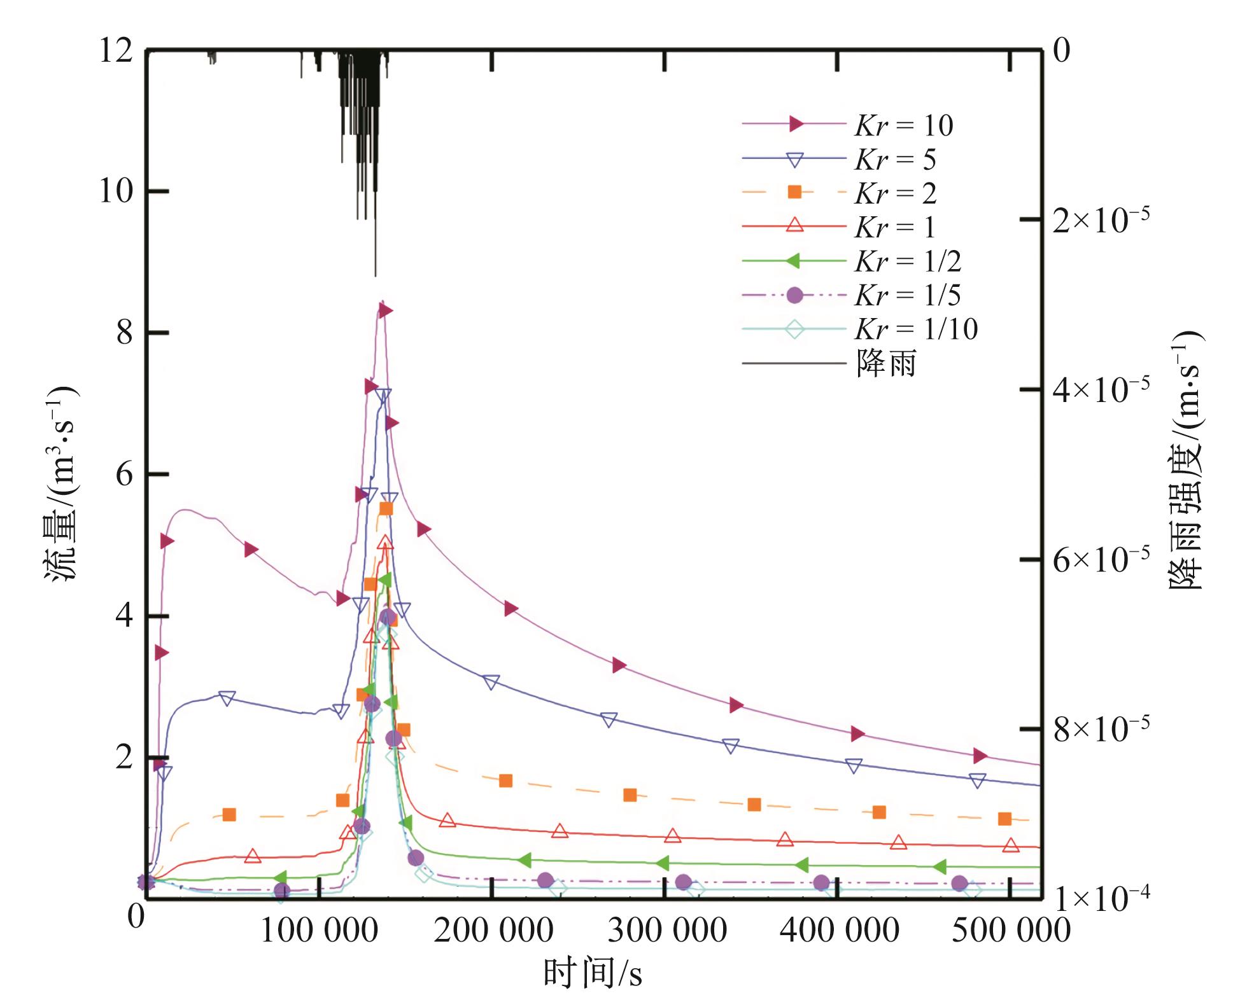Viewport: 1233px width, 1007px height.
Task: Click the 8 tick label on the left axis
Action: (124, 333)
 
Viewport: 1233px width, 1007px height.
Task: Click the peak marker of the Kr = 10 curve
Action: (384, 310)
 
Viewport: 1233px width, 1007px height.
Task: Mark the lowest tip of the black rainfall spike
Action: (375, 275)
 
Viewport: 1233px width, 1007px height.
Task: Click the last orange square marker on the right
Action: (1004, 819)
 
